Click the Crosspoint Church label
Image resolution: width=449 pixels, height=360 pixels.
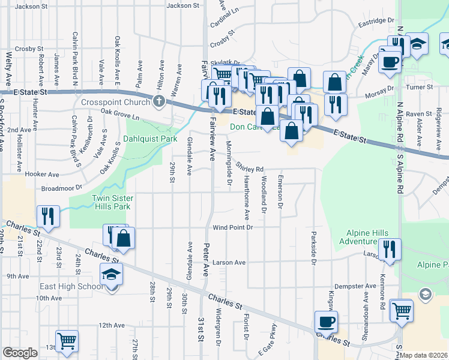tap(115, 101)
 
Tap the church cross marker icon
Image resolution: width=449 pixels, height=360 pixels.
tap(159, 101)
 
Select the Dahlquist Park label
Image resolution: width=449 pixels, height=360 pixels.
tap(150, 139)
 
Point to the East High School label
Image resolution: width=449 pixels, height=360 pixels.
tap(71, 286)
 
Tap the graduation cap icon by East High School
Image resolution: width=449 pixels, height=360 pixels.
tap(112, 274)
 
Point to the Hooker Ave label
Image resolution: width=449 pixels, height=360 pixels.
tap(42, 175)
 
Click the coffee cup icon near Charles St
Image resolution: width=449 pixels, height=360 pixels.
tap(326, 321)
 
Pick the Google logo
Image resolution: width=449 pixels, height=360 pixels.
tap(20, 353)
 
